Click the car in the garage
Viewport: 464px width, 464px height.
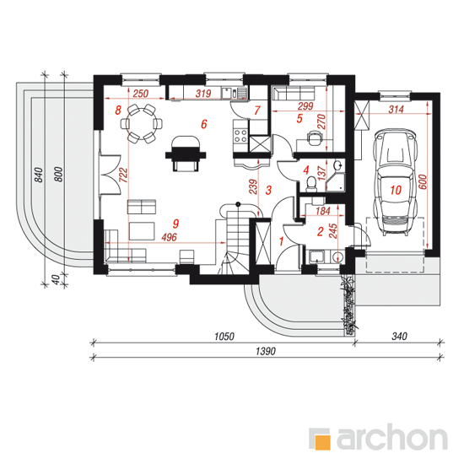point(396,181)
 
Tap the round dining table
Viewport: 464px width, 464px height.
point(142,123)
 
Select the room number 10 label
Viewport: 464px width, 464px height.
point(396,190)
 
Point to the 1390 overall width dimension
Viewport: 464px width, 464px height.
point(266,352)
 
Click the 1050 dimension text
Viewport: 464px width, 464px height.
point(224,337)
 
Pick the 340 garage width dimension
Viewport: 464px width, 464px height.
point(399,337)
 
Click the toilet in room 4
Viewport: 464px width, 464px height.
point(310,183)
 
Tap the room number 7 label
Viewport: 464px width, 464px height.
point(256,111)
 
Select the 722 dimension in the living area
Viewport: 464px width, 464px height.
point(124,175)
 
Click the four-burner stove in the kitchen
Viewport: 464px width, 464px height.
point(240,136)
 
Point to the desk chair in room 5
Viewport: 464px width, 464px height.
point(314,138)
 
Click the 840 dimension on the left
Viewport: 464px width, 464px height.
point(39,175)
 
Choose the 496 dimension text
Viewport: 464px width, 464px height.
point(169,237)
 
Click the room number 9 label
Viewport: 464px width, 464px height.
point(175,224)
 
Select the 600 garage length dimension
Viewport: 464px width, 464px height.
point(424,182)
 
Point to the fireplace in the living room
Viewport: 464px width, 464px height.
point(186,153)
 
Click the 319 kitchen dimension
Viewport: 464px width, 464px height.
point(203,94)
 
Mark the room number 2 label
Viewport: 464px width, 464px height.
point(320,231)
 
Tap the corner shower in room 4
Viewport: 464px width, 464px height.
point(335,182)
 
